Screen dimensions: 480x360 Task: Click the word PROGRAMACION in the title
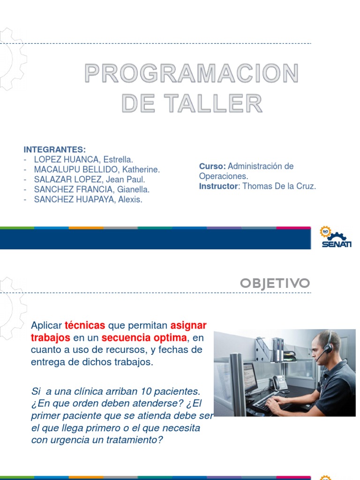click(191, 74)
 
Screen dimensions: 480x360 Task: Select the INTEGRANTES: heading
click(55, 150)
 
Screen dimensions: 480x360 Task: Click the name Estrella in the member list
click(118, 160)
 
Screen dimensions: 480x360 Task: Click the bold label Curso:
click(212, 166)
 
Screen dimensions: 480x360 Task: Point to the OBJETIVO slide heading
click(275, 283)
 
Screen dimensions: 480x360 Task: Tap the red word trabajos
click(51, 337)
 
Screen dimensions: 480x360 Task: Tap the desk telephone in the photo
click(280, 382)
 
